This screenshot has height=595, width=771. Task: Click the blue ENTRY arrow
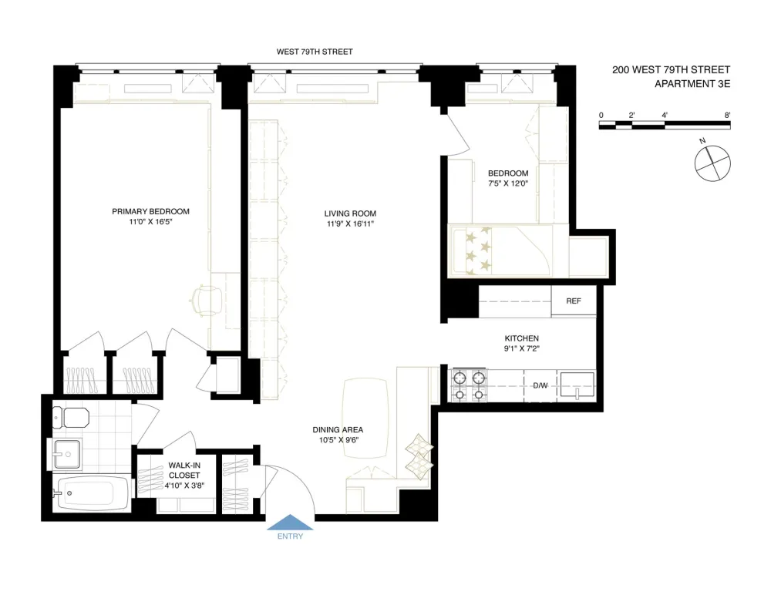coord(290,523)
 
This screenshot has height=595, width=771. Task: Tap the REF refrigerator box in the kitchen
coord(574,301)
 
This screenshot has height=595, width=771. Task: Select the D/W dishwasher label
coord(540,385)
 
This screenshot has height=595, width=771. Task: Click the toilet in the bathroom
coord(70,418)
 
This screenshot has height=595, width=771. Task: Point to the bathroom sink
coord(67,454)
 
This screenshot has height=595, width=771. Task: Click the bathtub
coord(91,493)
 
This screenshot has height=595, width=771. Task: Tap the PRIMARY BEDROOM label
coord(150,211)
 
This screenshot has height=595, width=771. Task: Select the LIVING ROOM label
coord(350,213)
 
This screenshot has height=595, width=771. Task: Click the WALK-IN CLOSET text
coord(184,470)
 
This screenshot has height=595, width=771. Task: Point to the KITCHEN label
coord(522,338)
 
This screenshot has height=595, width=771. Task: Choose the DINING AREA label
coord(338,430)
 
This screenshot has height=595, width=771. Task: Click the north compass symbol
coord(712,163)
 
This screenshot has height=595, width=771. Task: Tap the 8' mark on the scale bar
coord(727,115)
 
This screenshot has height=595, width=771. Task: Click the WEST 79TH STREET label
coord(315,52)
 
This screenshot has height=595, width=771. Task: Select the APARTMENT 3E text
coord(692,84)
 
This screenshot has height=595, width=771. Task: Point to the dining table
coord(365,418)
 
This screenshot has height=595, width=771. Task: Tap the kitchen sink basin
coord(577,385)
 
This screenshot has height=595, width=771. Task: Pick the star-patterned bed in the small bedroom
coord(500,250)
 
